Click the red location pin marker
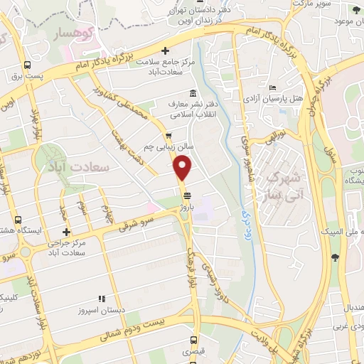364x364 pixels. (183, 168)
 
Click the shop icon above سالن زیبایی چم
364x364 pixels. (168, 136)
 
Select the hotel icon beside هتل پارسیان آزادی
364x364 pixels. (273, 87)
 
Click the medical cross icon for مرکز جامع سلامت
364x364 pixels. (166, 50)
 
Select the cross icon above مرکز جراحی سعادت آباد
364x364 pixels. (66, 232)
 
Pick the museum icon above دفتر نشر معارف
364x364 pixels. (193, 93)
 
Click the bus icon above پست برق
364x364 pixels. (27, 65)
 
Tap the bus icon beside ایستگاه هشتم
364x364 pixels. (17, 220)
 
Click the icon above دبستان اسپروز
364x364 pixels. (101, 299)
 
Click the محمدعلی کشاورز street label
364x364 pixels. (132, 106)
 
